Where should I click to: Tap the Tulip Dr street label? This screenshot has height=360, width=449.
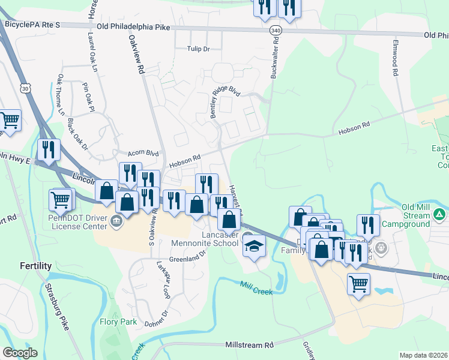[x=197, y=49]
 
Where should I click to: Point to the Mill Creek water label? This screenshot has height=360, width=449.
[x=256, y=288]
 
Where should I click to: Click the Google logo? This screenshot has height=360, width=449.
[x=20, y=353]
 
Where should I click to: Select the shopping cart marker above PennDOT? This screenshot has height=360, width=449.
[x=61, y=199]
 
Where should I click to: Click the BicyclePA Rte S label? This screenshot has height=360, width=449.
[x=32, y=25]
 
